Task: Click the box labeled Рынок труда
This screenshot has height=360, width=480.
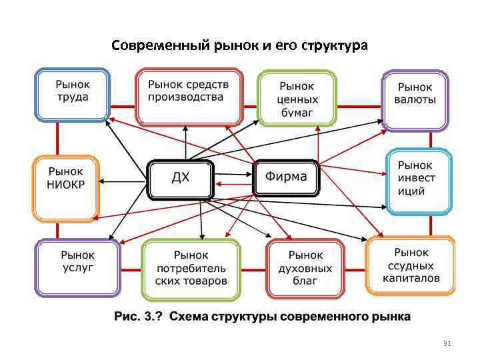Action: click(73, 96)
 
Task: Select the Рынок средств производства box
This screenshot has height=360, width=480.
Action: click(189, 96)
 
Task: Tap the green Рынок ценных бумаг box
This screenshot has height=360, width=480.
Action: click(297, 98)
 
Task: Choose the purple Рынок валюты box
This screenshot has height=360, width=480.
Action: click(415, 100)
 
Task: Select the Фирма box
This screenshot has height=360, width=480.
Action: click(286, 177)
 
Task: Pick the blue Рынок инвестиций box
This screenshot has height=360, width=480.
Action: click(419, 181)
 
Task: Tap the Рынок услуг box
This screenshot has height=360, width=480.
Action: click(77, 267)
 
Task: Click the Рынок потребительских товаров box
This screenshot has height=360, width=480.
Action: click(191, 267)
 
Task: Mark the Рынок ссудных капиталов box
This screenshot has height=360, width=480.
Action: click(411, 265)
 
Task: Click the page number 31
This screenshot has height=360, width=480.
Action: click(447, 344)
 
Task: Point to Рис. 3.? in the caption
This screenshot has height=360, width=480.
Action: click(139, 316)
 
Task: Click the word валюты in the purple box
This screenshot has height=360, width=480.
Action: click(415, 100)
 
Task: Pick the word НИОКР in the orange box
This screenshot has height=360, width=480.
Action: click(65, 185)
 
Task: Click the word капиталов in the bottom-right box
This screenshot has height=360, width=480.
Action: click(411, 278)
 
